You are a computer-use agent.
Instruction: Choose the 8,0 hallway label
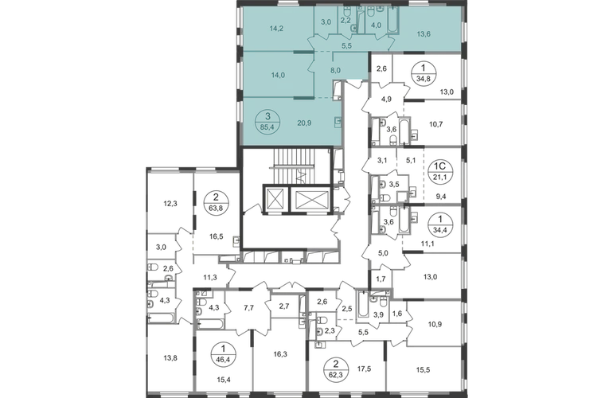pos(336,70)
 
